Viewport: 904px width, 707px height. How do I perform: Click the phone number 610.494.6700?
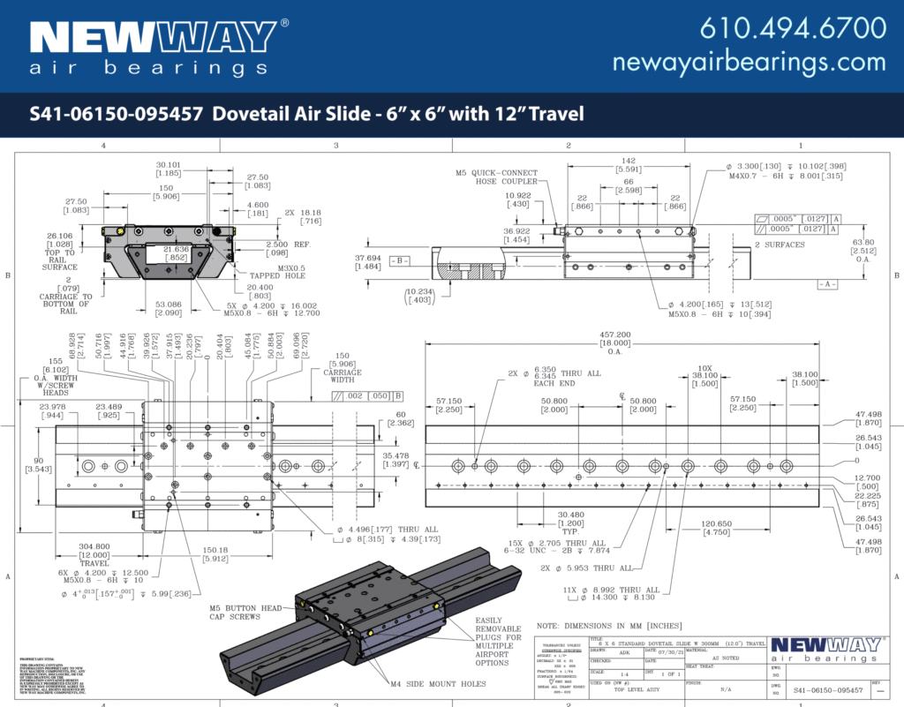pyautogui.click(x=792, y=28)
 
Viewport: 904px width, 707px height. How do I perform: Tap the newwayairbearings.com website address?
pyautogui.click(x=749, y=62)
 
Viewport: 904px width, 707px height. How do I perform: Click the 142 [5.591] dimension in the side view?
pyautogui.click(x=628, y=166)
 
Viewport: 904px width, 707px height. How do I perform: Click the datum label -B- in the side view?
pyautogui.click(x=400, y=260)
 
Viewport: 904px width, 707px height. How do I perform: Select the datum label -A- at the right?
pyautogui.click(x=827, y=283)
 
